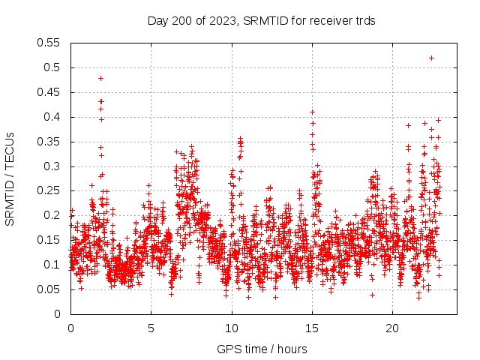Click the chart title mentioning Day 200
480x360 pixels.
click(262, 20)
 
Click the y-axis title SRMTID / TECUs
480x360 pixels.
click(10, 178)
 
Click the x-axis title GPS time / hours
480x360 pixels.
click(262, 349)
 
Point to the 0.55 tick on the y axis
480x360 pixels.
click(49, 43)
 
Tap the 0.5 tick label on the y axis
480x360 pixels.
click(52, 67)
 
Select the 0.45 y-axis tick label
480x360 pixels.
click(49, 92)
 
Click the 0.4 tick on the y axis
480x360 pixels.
click(52, 117)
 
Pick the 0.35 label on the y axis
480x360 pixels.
click(49, 142)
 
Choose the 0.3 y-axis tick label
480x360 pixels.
click(52, 166)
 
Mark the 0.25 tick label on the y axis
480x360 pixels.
click(49, 191)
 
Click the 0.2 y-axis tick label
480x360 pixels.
click(52, 215)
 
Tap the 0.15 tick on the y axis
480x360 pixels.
click(49, 240)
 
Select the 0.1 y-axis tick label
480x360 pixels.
click(52, 265)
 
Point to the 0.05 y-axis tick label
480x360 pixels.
click(49, 289)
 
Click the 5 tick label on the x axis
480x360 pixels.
click(151, 328)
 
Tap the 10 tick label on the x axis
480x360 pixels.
click(231, 328)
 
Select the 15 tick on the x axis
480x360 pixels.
click(312, 328)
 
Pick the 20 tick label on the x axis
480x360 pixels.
click(392, 328)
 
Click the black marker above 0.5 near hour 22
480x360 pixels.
click(431, 58)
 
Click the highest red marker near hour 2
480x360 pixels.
click(100, 78)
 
